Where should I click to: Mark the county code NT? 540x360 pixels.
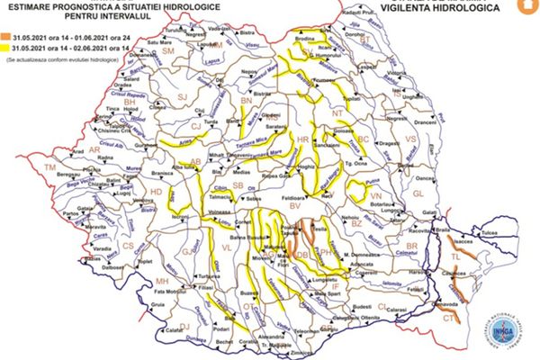[x=339, y=114]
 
